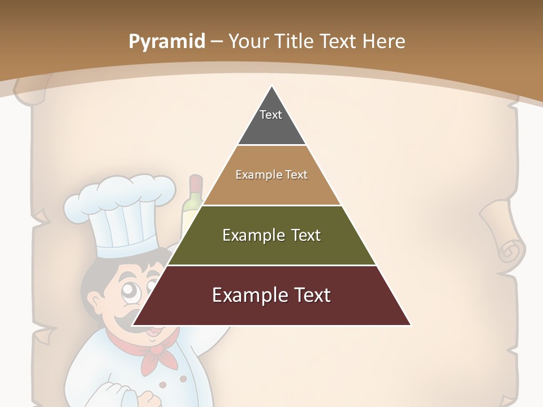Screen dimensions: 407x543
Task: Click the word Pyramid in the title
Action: pyautogui.click(x=167, y=42)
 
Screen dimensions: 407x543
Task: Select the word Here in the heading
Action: pyautogui.click(x=383, y=41)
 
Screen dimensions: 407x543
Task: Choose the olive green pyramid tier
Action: pyautogui.click(x=271, y=249)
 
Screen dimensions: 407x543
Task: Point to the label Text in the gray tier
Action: pyautogui.click(x=271, y=115)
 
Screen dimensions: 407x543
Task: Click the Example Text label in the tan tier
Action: pyautogui.click(x=271, y=175)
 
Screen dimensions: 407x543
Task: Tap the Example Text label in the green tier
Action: pyautogui.click(x=271, y=235)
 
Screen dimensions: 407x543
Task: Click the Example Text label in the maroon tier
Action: pyautogui.click(x=271, y=295)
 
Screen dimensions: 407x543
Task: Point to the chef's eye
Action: pyautogui.click(x=130, y=292)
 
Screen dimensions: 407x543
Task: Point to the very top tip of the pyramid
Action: pyautogui.click(x=271, y=86)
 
